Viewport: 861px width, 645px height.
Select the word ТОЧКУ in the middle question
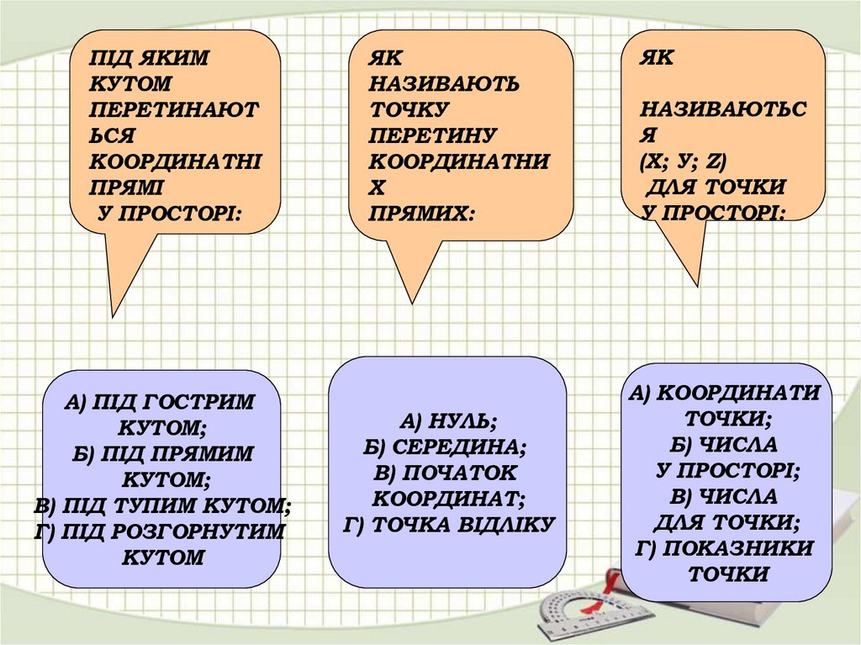[409, 109]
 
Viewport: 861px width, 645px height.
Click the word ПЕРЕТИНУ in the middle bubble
[433, 135]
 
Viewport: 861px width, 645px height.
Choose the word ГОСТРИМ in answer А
[206, 403]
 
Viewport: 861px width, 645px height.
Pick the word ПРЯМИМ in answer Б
[205, 454]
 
